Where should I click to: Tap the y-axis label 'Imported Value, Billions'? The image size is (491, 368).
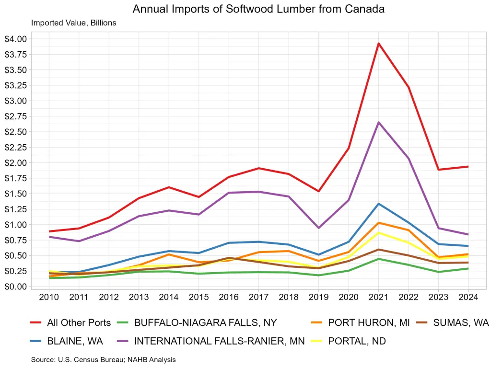(74, 23)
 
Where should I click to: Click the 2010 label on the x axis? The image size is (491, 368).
(49, 297)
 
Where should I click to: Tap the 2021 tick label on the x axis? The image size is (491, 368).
(379, 297)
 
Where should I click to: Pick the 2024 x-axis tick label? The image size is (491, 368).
(468, 297)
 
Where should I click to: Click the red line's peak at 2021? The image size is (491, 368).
(379, 44)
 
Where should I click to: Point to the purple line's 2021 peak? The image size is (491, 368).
(379, 122)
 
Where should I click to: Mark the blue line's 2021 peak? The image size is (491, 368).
(379, 204)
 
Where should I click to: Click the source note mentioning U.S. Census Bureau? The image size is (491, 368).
(104, 359)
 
